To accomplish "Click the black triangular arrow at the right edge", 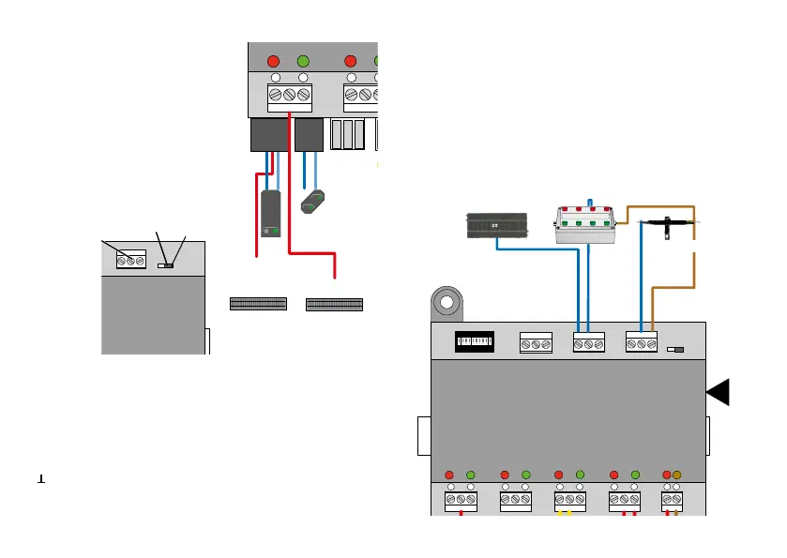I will click(x=719, y=394).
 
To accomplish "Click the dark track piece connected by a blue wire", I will click(x=497, y=225).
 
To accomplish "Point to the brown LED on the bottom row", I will click(x=677, y=475).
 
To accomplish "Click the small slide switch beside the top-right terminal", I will click(x=673, y=349).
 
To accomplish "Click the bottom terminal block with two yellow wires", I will click(x=569, y=502).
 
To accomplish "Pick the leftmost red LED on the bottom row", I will click(x=449, y=475).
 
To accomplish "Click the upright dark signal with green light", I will click(x=271, y=213).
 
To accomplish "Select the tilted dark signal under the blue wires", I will click(x=313, y=202).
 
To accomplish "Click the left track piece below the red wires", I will click(x=259, y=304).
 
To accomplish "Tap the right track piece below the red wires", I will click(x=335, y=304).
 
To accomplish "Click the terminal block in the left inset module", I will click(x=130, y=260).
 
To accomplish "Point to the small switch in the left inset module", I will click(x=166, y=266).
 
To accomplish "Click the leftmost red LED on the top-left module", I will click(x=273, y=62).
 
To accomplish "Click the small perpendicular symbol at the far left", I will click(x=41, y=478).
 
